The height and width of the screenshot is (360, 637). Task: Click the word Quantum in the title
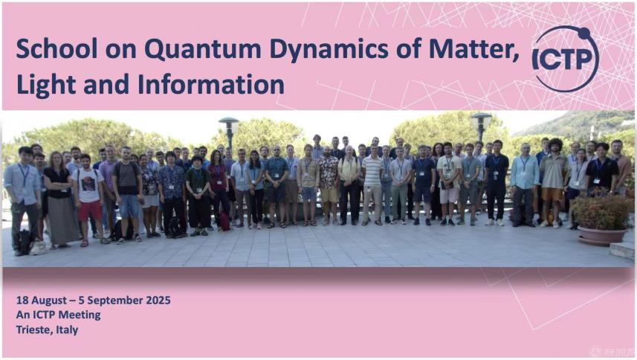pyautogui.click(x=203, y=50)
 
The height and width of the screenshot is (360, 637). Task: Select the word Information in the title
pyautogui.click(x=211, y=85)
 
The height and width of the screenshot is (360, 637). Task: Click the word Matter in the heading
pyautogui.click(x=473, y=49)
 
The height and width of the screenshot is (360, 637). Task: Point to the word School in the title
pyautogui.click(x=56, y=49)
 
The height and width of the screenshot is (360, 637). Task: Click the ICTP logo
pyautogui.click(x=566, y=59)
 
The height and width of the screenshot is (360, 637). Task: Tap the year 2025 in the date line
pyautogui.click(x=158, y=300)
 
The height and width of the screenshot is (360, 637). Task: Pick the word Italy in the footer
pyautogui.click(x=67, y=330)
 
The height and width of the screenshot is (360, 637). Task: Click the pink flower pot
pyautogui.click(x=603, y=236)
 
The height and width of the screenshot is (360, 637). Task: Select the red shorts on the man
pyautogui.click(x=90, y=211)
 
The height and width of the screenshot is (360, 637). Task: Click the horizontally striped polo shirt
pyautogui.click(x=372, y=171)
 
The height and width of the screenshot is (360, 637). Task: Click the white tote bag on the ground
pyautogui.click(x=38, y=248)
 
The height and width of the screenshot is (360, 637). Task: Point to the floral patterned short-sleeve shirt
pyautogui.click(x=329, y=173)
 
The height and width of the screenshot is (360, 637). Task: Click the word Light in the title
pyautogui.click(x=46, y=85)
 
